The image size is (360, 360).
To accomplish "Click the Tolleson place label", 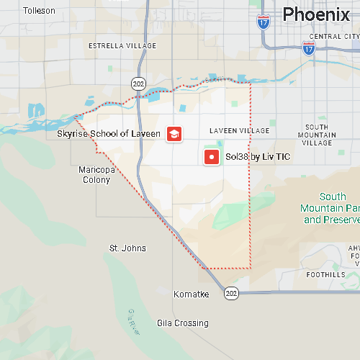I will tap(40, 11).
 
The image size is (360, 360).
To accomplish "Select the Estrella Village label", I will tap(122, 45).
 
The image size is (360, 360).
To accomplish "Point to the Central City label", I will tap(333, 36).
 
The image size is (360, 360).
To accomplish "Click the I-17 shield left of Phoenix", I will tap(264, 22).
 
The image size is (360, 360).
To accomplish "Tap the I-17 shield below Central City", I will tap(309, 48).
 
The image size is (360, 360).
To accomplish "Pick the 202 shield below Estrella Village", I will tap(138, 84).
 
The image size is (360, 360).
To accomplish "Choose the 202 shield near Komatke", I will tap(230, 293).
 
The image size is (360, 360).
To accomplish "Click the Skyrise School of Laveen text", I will tap(109, 134).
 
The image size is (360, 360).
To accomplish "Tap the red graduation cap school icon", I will tap(174, 134).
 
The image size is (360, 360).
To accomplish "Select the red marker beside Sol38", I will tap(212, 157).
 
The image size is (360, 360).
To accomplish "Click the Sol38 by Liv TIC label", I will tap(258, 157).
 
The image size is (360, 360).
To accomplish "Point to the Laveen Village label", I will tap(239, 130).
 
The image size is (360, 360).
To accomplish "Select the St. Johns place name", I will tap(127, 248).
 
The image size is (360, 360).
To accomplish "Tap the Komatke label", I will tap(192, 294).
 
